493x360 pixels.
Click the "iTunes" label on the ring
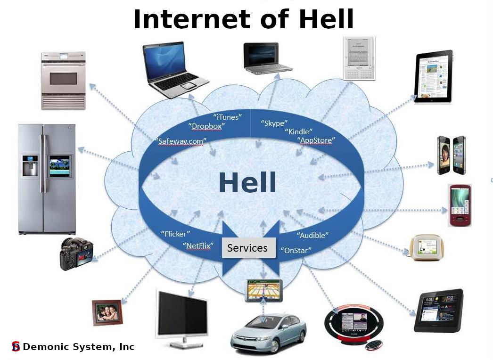tap(228, 117)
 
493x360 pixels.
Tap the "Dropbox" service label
tap(206, 126)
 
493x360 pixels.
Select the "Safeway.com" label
tap(181, 141)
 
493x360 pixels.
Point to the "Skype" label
tap(274, 123)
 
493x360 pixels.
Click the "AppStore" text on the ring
tap(316, 140)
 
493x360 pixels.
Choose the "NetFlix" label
tap(198, 245)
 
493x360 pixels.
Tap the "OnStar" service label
tap(296, 250)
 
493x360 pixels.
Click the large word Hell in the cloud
tap(247, 182)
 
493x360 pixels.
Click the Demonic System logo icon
tap(16, 346)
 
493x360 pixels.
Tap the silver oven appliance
tap(63, 81)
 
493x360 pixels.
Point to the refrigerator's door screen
tap(59, 166)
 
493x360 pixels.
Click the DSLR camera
tap(76, 254)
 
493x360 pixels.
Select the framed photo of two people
tap(107, 312)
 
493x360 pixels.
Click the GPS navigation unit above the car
tap(263, 291)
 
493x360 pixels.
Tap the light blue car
tap(269, 333)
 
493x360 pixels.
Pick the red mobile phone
tap(460, 205)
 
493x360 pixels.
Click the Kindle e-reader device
tap(359, 58)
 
